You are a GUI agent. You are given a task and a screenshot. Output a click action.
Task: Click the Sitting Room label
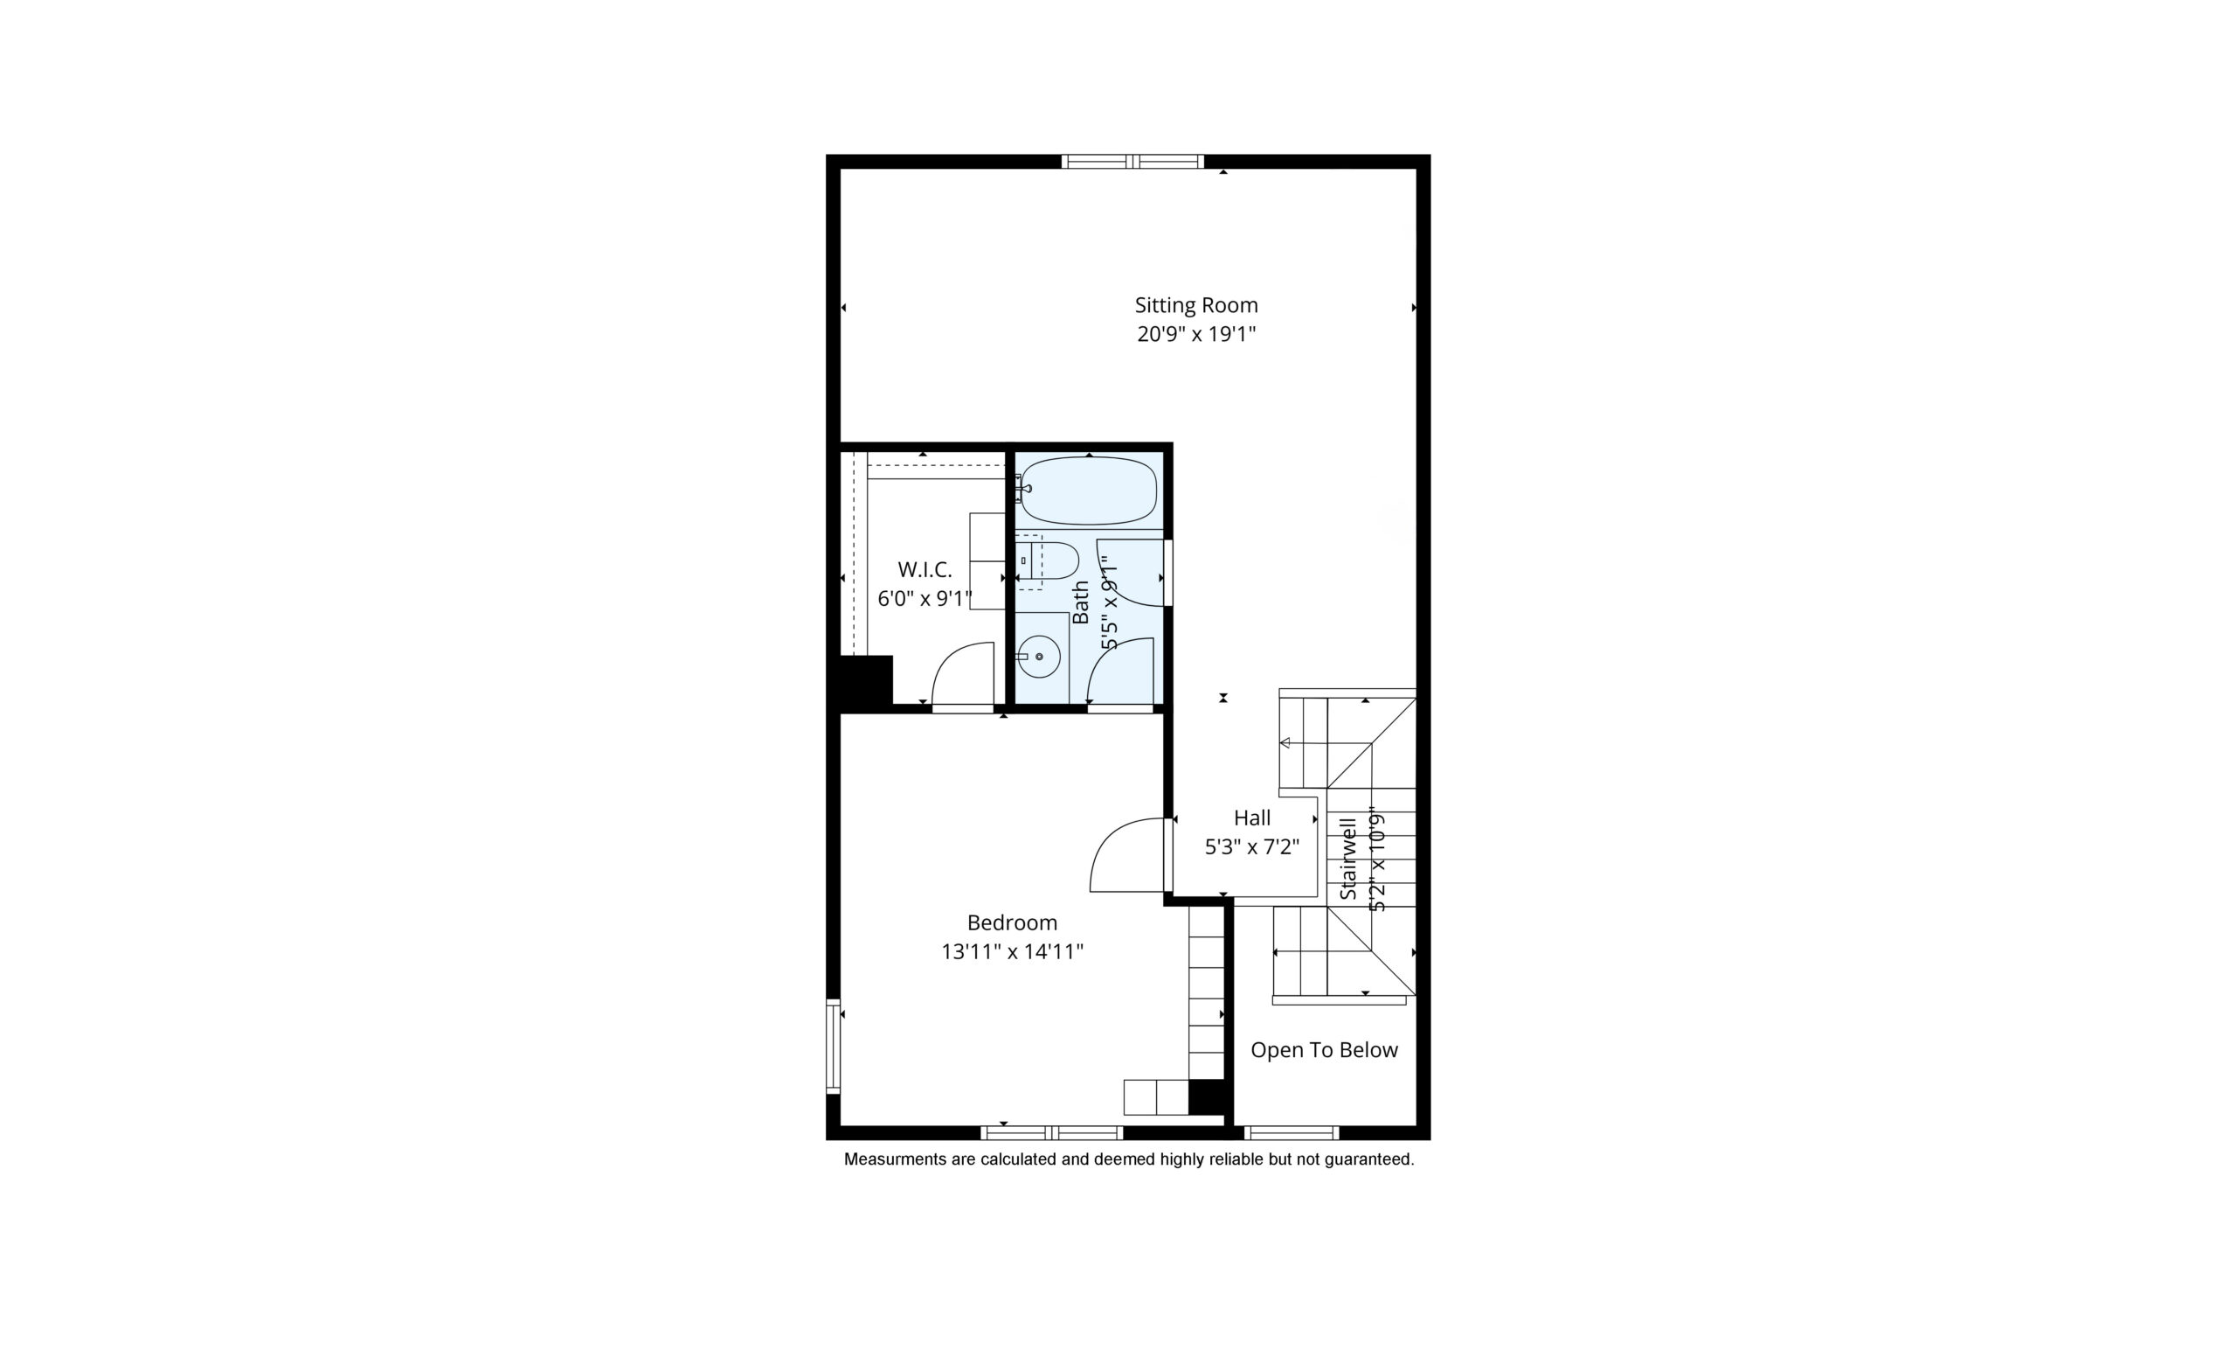1195,305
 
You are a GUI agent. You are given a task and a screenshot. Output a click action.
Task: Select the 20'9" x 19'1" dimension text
1195,334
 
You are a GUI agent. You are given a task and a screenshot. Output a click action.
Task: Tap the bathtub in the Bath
1089,491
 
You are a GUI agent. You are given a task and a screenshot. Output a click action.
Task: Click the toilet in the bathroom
1048,561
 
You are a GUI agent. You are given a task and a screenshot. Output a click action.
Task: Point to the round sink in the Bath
1039,656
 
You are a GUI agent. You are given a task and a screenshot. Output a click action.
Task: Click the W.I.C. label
925,569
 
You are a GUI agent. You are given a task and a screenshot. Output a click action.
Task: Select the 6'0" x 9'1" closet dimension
925,598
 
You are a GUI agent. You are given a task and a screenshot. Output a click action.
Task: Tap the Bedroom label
1012,922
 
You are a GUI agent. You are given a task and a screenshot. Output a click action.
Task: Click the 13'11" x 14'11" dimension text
1012,951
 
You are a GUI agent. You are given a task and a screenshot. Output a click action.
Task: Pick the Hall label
1252,818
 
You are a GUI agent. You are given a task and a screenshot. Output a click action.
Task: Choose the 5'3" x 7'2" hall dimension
1252,847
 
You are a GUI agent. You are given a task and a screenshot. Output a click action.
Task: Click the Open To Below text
1324,1050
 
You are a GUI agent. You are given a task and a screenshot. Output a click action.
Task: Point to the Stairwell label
1348,858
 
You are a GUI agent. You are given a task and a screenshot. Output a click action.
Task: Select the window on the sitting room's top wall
1132,162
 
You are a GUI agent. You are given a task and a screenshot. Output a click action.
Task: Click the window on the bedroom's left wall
833,1046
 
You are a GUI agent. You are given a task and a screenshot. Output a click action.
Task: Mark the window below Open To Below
1291,1132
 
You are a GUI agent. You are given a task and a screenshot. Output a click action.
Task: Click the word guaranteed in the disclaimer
1368,1159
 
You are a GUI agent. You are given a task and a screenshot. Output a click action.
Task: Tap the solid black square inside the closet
861,682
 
